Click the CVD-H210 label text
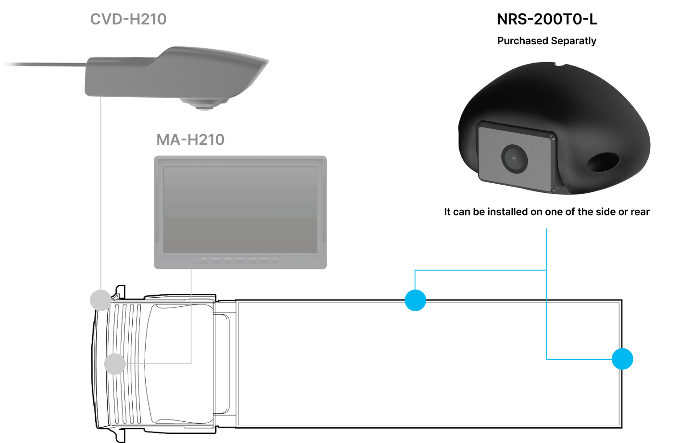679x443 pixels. (128, 19)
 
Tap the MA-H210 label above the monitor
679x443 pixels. (190, 139)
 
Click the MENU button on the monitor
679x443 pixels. (204, 260)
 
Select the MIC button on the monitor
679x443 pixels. (228, 260)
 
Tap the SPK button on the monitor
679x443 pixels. (240, 260)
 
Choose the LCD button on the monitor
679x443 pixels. (252, 260)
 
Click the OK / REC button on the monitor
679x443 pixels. (264, 260)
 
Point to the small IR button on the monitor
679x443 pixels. (275, 260)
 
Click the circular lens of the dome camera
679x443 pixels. (514, 158)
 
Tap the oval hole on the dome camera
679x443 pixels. (603, 163)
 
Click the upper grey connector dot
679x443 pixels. (100, 300)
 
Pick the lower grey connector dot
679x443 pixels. (115, 364)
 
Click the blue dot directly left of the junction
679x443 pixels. (415, 300)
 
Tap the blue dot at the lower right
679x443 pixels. (622, 359)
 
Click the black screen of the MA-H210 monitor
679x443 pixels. (240, 210)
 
